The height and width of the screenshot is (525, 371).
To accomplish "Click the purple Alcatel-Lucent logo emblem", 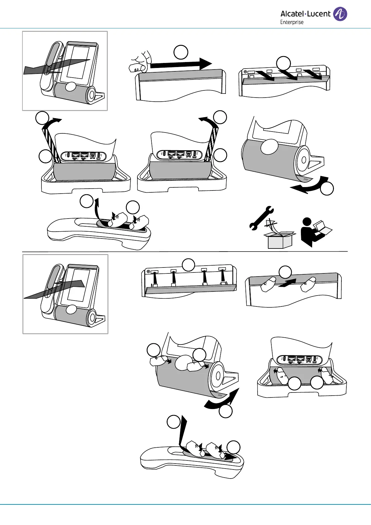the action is [340, 14].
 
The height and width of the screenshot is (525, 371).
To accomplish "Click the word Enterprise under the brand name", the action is [292, 22].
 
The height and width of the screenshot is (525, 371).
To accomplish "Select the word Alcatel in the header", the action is [292, 14].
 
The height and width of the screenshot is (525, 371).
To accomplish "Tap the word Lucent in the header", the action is [319, 14].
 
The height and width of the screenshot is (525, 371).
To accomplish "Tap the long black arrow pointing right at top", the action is [181, 64].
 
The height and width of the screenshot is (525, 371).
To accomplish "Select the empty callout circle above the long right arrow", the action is [181, 52].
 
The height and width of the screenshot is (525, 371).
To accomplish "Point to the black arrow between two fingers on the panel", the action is [287, 283].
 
